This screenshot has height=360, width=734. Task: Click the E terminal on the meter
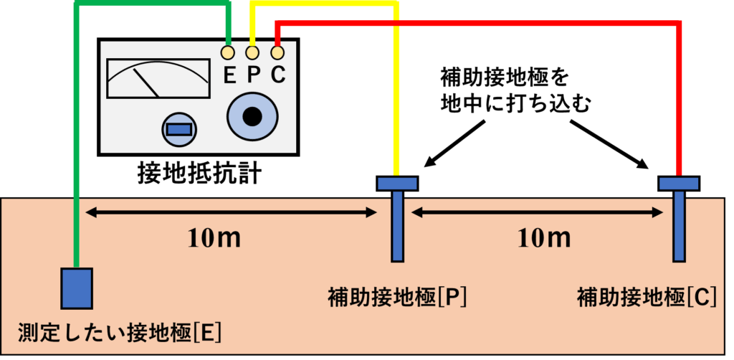tap(228, 52)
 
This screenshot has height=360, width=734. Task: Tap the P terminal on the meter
tap(252, 52)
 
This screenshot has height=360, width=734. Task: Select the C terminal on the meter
tap(277, 52)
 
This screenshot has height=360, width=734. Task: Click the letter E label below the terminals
tap(229, 75)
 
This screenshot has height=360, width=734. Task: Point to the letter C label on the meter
tap(278, 75)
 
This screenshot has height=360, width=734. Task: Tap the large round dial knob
tap(252, 116)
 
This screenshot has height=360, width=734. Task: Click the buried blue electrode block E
tap(77, 286)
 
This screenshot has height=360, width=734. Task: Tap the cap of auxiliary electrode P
tap(397, 184)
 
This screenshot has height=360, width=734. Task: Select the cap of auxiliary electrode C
tap(679, 184)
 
